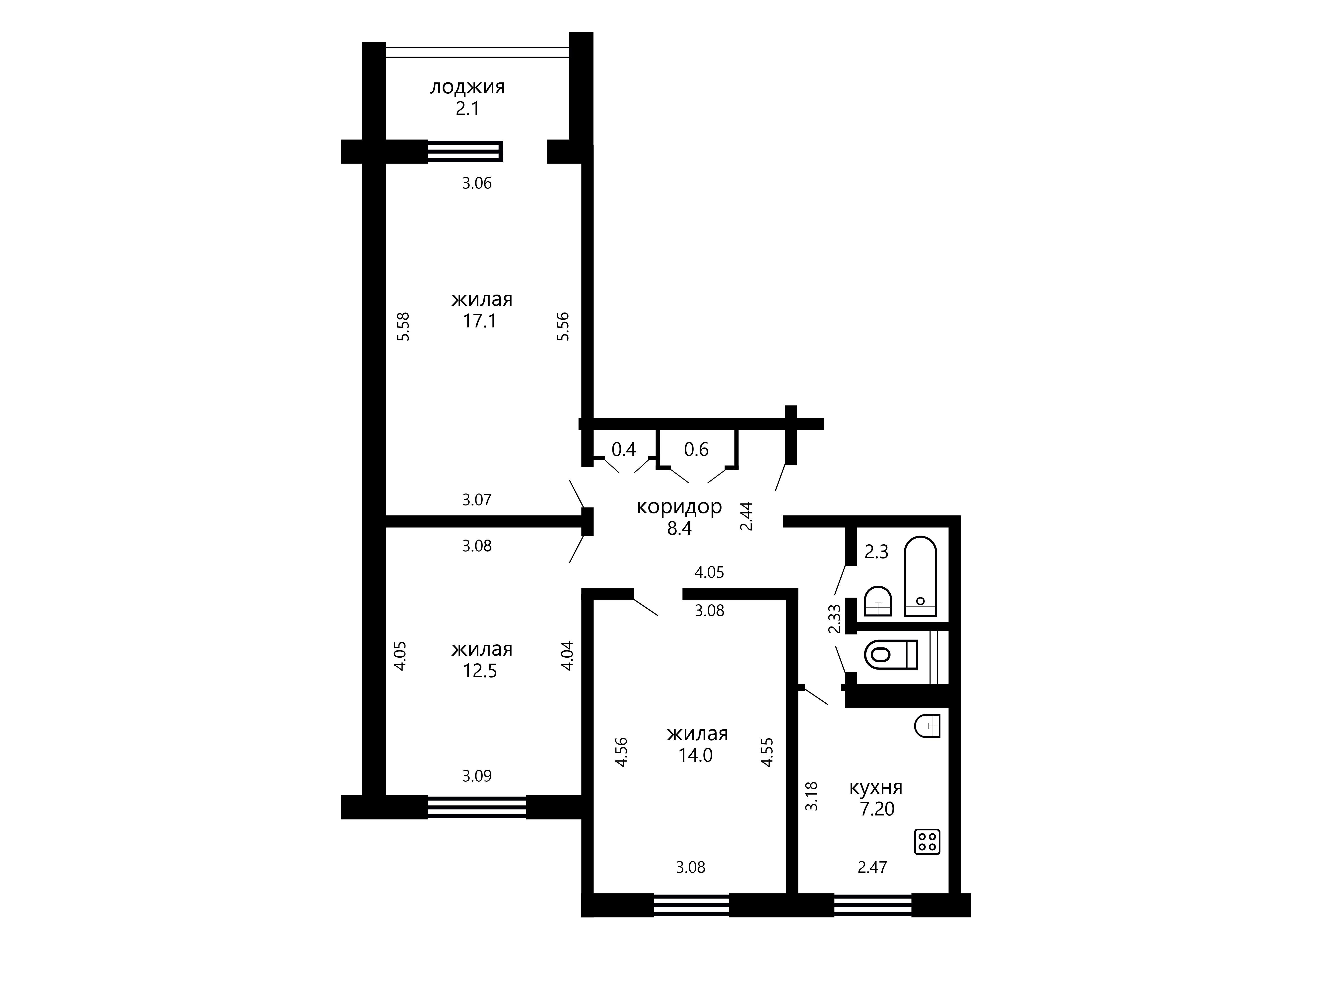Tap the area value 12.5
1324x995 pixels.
(x=480, y=671)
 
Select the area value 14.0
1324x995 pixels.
(x=696, y=755)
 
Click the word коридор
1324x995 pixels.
(x=679, y=507)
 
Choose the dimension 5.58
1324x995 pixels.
(x=404, y=327)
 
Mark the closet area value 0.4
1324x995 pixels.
(x=624, y=449)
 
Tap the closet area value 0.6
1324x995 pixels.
(x=696, y=449)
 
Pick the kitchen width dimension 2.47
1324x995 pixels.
(x=872, y=867)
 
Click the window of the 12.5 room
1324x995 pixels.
(x=477, y=807)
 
